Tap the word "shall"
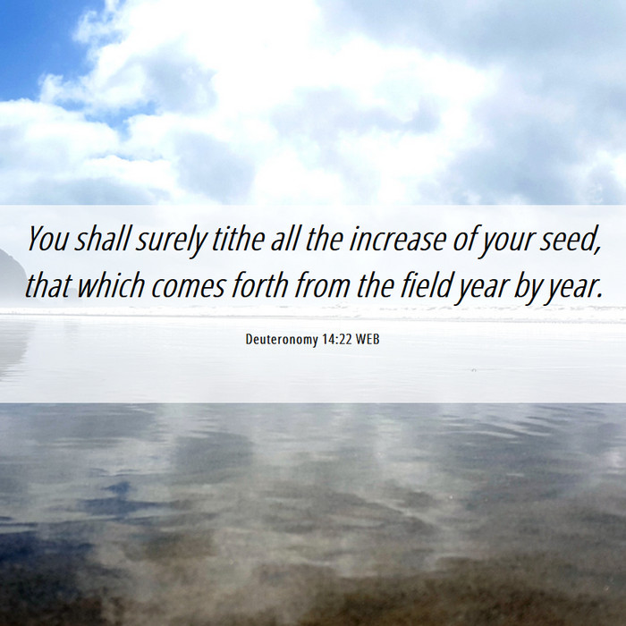(103, 239)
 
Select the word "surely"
(171, 241)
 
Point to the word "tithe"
(238, 239)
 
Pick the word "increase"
(398, 240)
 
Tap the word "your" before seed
(507, 242)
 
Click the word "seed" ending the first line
(571, 240)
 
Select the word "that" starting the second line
(48, 285)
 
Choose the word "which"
(111, 285)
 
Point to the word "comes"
(188, 287)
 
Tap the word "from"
(323, 285)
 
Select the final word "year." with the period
(573, 288)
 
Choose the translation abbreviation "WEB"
(368, 339)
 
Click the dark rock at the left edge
(11, 275)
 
